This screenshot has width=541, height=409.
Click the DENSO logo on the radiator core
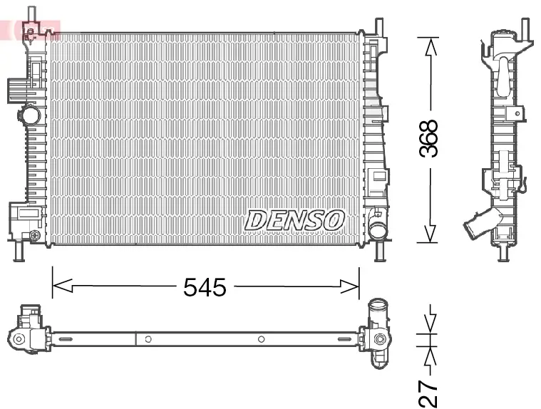pyautogui.click(x=294, y=219)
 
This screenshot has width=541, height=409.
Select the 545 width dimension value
pyautogui.click(x=205, y=287)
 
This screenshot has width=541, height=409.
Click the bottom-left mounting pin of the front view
pyautogui.click(x=19, y=251)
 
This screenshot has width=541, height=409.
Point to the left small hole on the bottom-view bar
pyautogui.click(x=147, y=339)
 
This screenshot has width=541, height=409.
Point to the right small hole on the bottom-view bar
pyautogui.click(x=262, y=339)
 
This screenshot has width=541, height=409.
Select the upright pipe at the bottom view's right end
pyautogui.click(x=378, y=316)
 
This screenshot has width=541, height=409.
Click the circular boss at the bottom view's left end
pyautogui.click(x=19, y=339)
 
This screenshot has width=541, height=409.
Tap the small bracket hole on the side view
pyautogui.click(x=515, y=113)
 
